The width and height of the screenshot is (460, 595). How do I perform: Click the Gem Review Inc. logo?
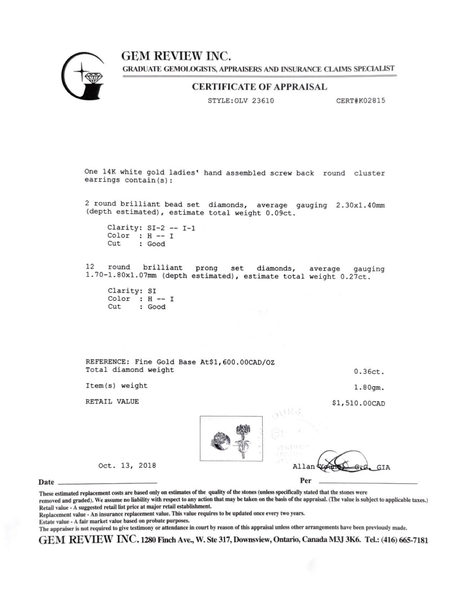coord(82,76)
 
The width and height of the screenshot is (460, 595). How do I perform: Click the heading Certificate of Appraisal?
coord(259,87)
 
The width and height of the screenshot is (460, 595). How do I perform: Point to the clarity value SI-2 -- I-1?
coord(171,228)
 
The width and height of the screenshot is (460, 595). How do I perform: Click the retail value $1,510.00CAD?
coord(358,403)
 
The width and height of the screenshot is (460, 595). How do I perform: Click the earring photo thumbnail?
coord(231,438)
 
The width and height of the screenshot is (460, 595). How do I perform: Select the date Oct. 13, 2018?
coord(127,466)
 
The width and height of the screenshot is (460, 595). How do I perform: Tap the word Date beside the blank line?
coord(46,482)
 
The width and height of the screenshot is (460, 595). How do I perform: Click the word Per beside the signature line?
coord(305,481)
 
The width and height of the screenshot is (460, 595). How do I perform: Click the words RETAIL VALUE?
coord(112,401)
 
